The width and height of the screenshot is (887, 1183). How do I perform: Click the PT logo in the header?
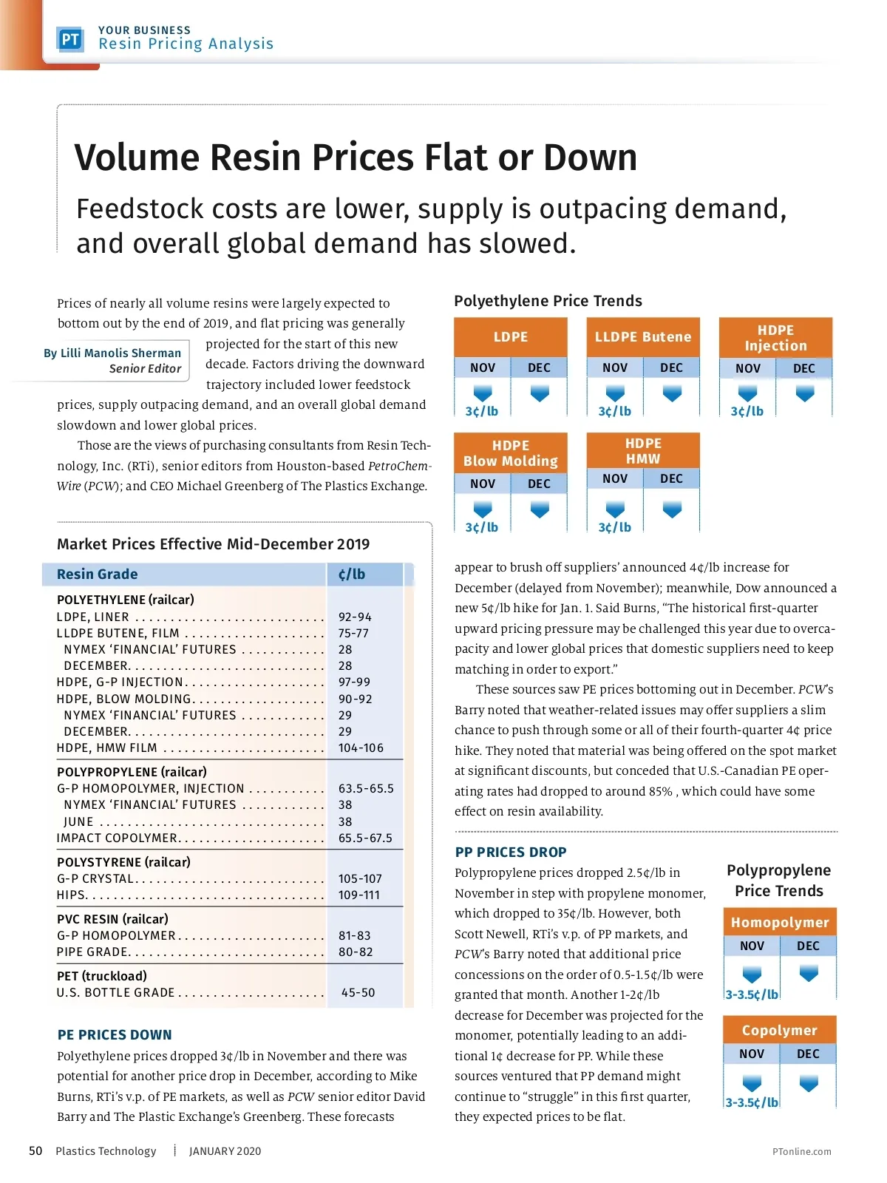pyautogui.click(x=70, y=39)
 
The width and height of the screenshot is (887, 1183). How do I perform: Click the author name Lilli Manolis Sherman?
pyautogui.click(x=112, y=353)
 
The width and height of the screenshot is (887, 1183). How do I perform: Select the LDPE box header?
pyautogui.click(x=511, y=337)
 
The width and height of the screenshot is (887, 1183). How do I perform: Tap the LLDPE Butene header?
pyautogui.click(x=643, y=337)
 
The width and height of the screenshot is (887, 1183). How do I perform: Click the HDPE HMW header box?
pyautogui.click(x=643, y=451)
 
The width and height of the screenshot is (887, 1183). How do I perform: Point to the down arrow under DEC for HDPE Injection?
pyautogui.click(x=805, y=394)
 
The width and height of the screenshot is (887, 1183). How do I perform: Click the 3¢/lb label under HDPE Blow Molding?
pyautogui.click(x=482, y=527)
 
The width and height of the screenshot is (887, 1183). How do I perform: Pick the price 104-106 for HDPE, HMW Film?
pyautogui.click(x=361, y=748)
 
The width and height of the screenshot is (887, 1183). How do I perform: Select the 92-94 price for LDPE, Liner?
pyautogui.click(x=355, y=617)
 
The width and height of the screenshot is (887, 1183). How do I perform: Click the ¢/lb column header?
pyautogui.click(x=352, y=574)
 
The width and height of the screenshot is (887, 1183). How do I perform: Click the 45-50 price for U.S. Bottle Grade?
pyautogui.click(x=358, y=992)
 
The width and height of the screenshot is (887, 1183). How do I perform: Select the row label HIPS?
pyautogui.click(x=72, y=895)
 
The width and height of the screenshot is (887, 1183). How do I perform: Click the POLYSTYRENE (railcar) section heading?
pyautogui.click(x=123, y=862)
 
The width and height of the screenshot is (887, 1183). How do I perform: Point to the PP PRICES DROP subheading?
pyautogui.click(x=511, y=852)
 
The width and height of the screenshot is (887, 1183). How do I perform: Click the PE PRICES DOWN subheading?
pyautogui.click(x=115, y=1035)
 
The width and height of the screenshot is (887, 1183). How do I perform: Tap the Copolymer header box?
pyautogui.click(x=779, y=1031)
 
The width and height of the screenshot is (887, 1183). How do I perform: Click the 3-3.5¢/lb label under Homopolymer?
pyautogui.click(x=752, y=994)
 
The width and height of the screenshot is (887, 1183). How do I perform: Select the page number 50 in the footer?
pyautogui.click(x=35, y=1150)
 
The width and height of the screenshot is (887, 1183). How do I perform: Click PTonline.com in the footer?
pyautogui.click(x=801, y=1151)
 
